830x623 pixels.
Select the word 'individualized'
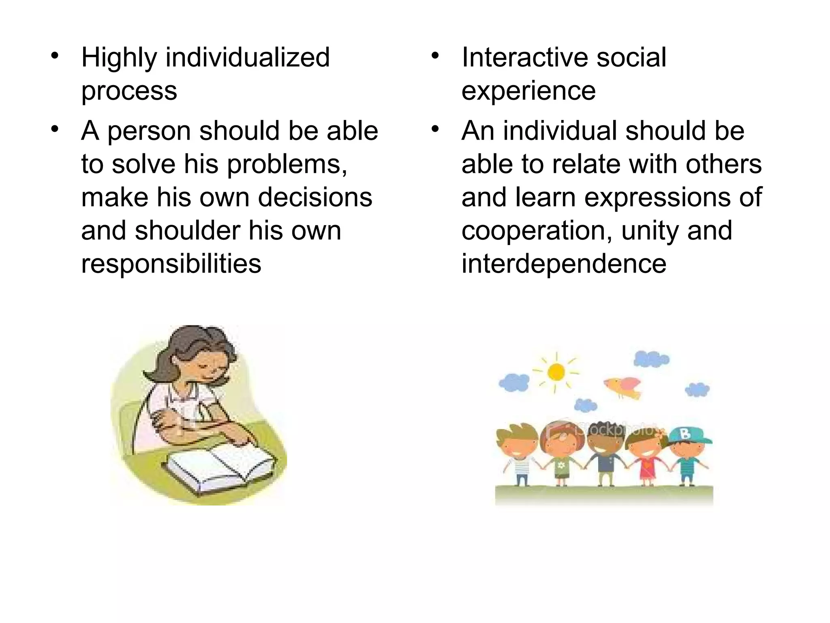[248, 57]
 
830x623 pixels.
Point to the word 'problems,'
[287, 164]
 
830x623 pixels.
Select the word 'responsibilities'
[171, 264]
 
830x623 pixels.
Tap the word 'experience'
[528, 90]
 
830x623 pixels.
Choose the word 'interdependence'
[564, 264]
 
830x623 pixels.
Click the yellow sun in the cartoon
[556, 372]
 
